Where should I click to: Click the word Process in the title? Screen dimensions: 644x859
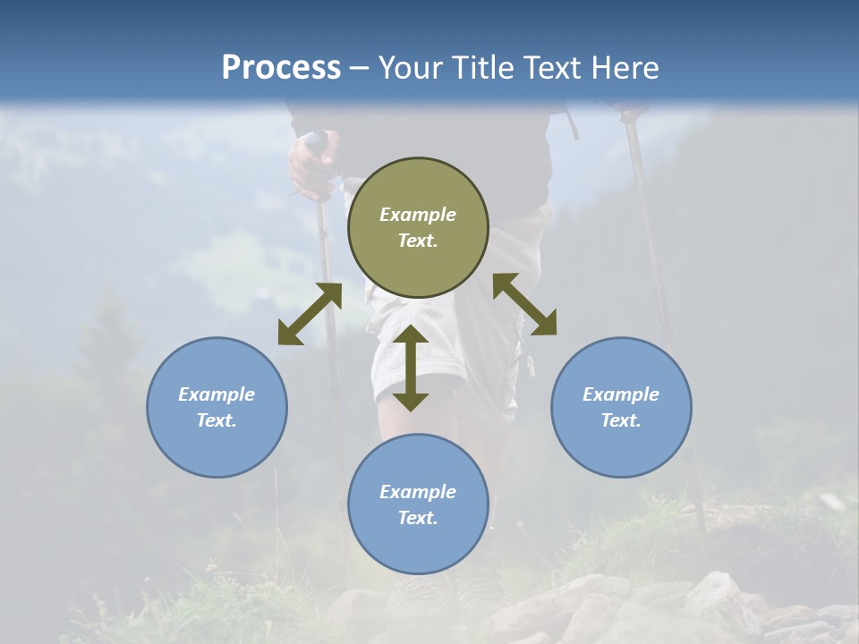[281, 68]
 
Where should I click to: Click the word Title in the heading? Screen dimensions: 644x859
[477, 68]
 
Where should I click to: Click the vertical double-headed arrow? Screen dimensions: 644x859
[411, 368]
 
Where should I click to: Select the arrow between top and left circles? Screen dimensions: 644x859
[310, 314]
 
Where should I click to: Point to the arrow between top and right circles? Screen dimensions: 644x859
[524, 304]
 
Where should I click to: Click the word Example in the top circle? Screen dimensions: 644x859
[418, 215]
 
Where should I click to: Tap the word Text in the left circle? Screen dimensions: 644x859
[217, 420]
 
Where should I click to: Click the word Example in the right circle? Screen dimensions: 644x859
[621, 394]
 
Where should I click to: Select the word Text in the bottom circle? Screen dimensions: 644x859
[418, 518]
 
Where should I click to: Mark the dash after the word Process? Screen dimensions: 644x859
[360, 68]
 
